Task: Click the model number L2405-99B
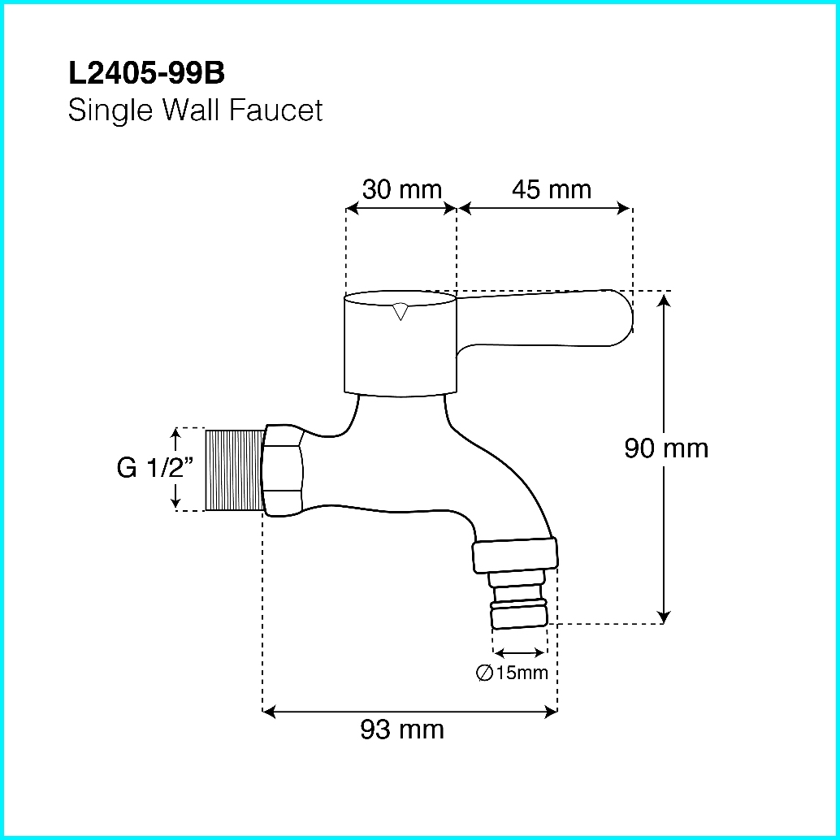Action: (x=147, y=73)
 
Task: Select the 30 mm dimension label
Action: (x=402, y=189)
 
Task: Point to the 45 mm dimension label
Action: (x=552, y=189)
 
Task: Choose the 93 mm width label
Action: (x=402, y=730)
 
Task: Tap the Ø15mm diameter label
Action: (x=512, y=673)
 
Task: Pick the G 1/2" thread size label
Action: (x=155, y=468)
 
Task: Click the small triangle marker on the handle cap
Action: (x=401, y=311)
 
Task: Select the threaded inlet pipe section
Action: (x=235, y=470)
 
